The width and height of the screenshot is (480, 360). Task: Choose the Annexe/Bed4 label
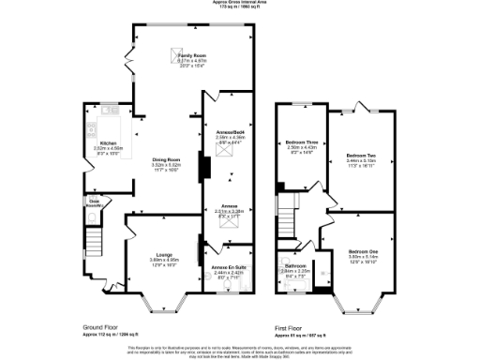pyautogui.click(x=229, y=132)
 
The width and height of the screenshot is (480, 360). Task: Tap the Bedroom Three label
pyautogui.click(x=301, y=142)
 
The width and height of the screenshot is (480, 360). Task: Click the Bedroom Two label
pyautogui.click(x=361, y=155)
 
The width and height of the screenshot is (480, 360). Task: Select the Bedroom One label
pyautogui.click(x=362, y=251)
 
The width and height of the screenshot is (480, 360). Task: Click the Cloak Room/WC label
pyautogui.click(x=95, y=202)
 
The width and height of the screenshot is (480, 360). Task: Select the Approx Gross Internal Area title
pyautogui.click(x=240, y=4)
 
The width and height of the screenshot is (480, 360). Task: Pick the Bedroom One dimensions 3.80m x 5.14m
pyautogui.click(x=362, y=257)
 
